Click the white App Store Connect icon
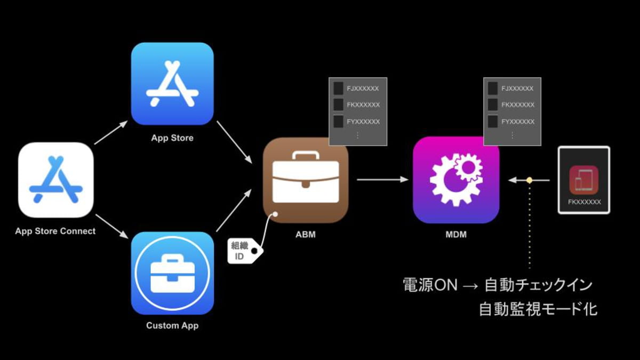point(55,180)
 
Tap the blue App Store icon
point(172,84)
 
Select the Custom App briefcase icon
point(172,273)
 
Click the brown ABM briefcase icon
point(306,180)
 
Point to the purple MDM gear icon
point(456,180)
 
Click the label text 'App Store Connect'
point(55,231)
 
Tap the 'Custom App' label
point(172,325)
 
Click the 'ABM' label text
point(306,235)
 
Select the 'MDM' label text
point(456,235)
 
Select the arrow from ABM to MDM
point(382,179)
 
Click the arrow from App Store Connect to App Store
point(111,132)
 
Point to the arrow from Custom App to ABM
point(234,210)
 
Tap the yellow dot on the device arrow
point(530,180)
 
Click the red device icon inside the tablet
point(583,180)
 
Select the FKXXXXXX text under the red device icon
point(585,202)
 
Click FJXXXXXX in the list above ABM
point(363,89)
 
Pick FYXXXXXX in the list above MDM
point(518,122)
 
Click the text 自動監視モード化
point(538,309)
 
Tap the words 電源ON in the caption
point(430,285)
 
